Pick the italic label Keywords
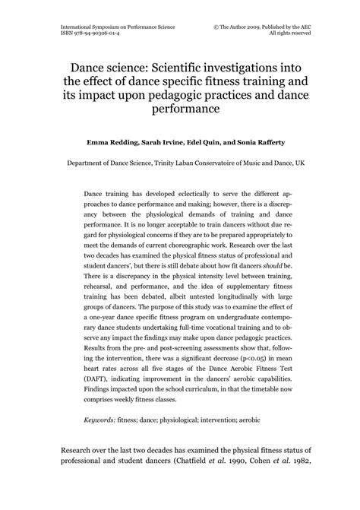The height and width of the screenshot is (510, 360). click(102, 420)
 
